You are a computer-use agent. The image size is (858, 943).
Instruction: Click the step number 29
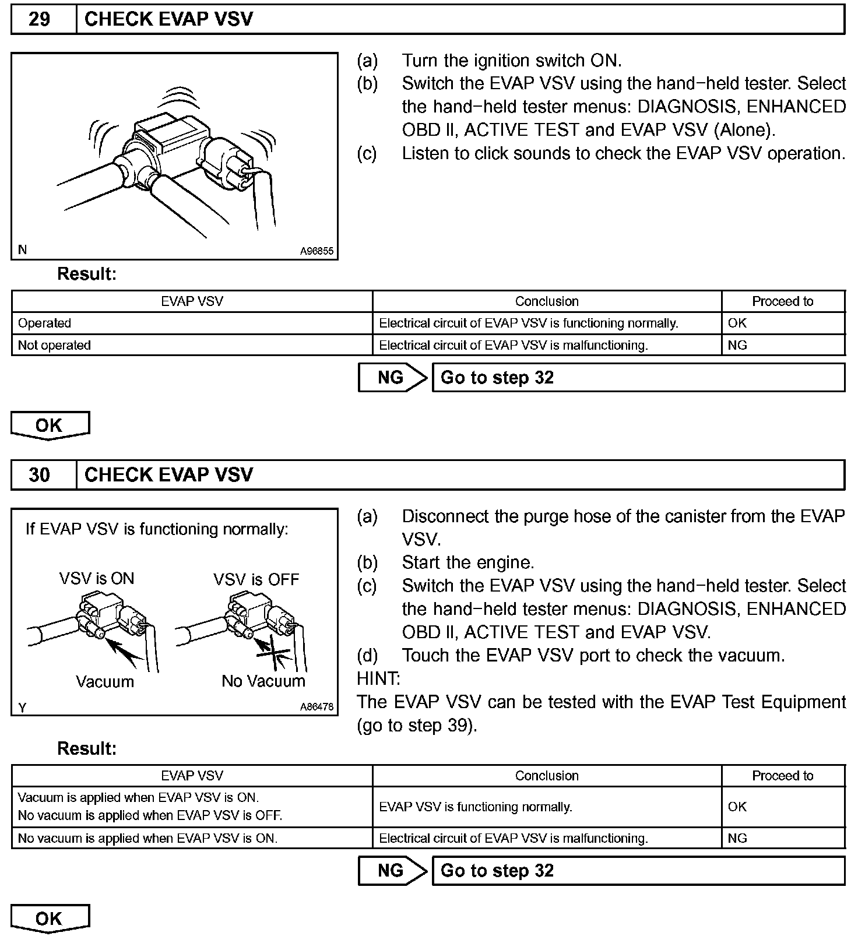coord(39,19)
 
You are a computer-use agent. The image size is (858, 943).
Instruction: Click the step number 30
coord(39,475)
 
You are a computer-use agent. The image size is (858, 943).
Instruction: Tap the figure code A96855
coord(317,251)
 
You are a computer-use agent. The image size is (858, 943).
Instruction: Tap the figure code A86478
coord(317,707)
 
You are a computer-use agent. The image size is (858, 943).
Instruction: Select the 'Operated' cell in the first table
coord(45,323)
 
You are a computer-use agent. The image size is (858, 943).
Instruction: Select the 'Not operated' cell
coord(54,345)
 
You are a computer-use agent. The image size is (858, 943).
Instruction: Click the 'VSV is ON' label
coord(97,579)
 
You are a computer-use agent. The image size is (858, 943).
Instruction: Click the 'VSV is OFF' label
coord(256,579)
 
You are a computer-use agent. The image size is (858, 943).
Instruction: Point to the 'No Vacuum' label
coord(263,681)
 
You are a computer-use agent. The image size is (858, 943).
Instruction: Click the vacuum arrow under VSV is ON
coord(125,652)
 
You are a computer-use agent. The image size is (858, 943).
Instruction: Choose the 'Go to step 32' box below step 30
coord(638,871)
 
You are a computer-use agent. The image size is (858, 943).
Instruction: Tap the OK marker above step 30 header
coord(50,425)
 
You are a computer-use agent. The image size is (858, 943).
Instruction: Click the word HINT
coord(378,678)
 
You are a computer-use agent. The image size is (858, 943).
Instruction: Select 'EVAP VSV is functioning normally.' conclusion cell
coord(476,807)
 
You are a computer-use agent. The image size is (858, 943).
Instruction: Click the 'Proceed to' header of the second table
coord(782,776)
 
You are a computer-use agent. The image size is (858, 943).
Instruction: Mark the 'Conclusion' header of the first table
coord(547,301)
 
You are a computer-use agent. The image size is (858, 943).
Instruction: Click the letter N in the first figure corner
coord(22,249)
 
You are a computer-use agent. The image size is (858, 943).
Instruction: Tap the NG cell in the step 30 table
coord(737,838)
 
